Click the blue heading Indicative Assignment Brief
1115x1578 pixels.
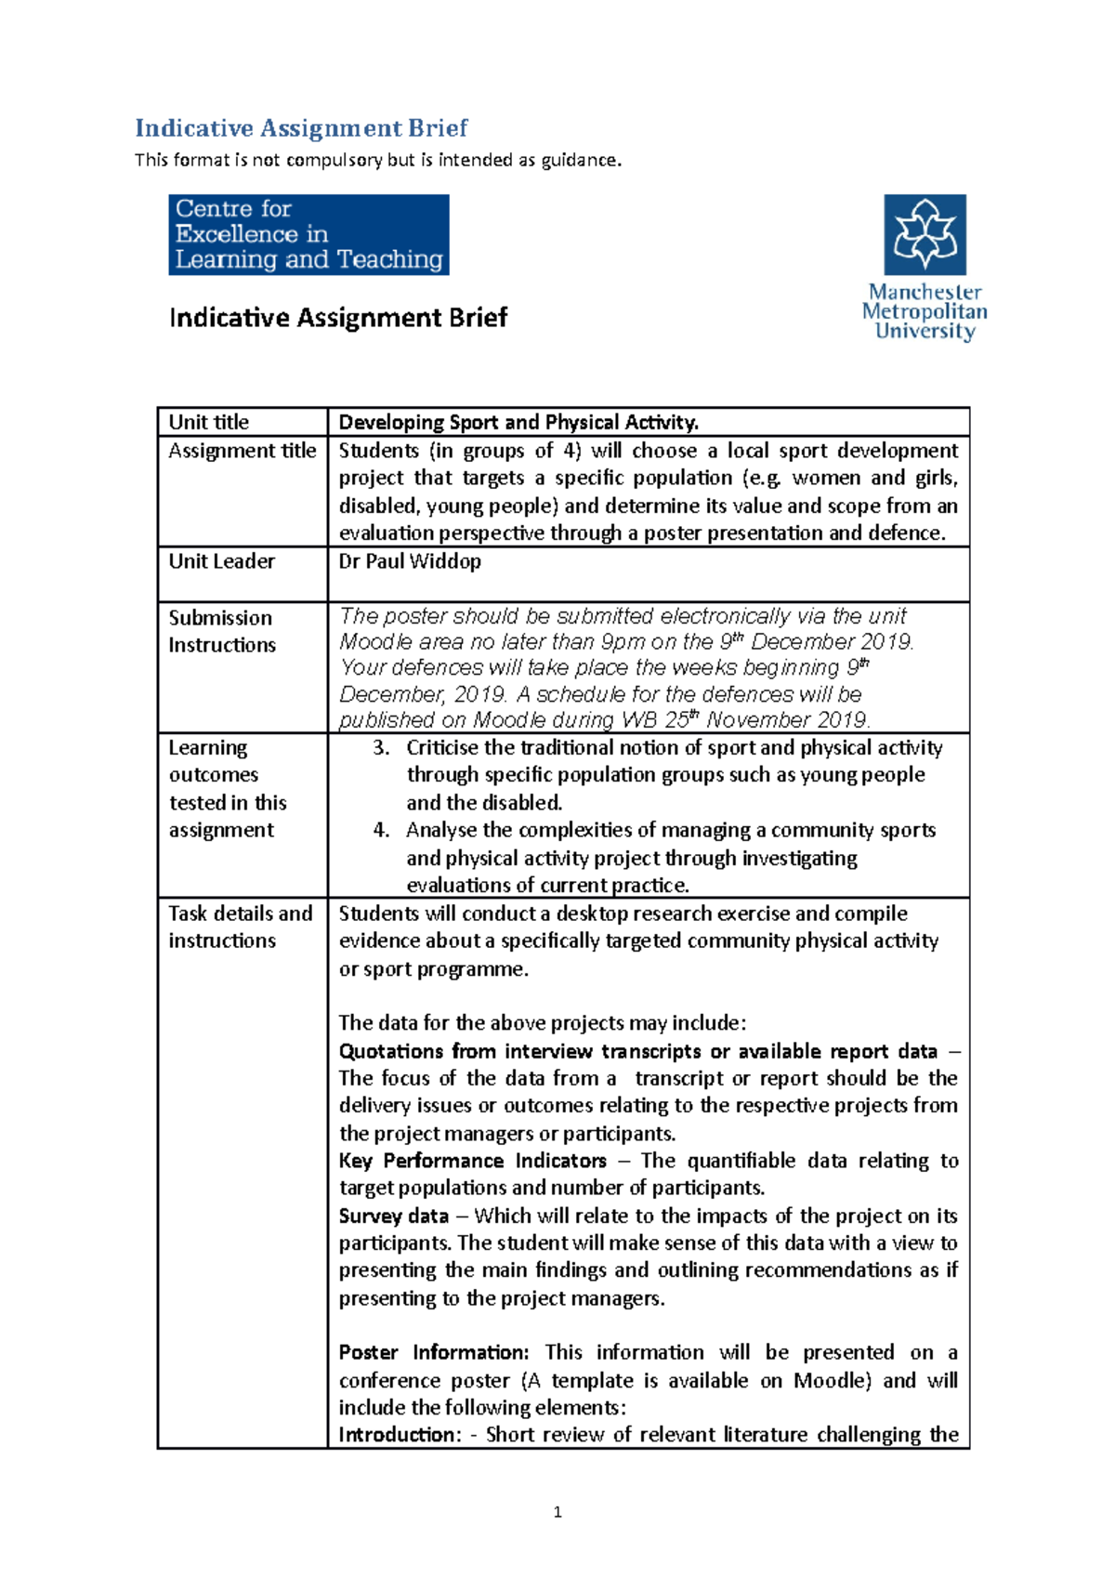tap(301, 128)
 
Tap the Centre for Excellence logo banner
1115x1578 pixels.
tap(308, 234)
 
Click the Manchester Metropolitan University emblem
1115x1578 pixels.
tap(925, 234)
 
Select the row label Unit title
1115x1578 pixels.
tap(208, 422)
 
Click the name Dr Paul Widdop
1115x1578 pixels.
tap(410, 561)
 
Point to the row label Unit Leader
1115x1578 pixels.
tap(221, 561)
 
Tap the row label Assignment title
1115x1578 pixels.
tap(242, 451)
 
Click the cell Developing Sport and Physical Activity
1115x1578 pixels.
tap(518, 422)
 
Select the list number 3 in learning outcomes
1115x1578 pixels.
tap(380, 748)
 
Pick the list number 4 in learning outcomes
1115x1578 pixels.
tap(380, 830)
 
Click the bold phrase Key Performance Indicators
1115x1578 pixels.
tap(472, 1161)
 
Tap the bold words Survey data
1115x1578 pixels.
tap(393, 1216)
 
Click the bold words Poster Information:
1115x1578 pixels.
tap(433, 1352)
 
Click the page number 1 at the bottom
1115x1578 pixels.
tap(557, 1512)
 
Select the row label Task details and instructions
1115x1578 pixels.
tap(240, 927)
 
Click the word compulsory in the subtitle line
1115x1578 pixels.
tap(334, 160)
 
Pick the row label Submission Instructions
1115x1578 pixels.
tap(221, 631)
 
